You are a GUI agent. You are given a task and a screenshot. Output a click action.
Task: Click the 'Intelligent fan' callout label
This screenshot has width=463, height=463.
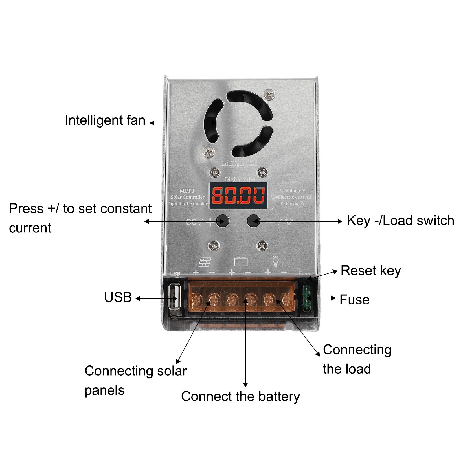(105, 120)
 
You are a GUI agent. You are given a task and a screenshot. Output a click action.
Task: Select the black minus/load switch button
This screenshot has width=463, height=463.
(253, 221)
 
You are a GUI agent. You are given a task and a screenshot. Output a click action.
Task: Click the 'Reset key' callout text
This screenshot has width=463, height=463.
(371, 271)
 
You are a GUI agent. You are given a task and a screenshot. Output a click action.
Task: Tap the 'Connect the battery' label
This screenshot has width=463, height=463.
(240, 396)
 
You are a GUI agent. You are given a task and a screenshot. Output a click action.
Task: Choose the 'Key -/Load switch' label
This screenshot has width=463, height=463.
(400, 221)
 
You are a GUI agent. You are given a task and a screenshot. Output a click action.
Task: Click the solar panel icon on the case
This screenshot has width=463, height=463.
(205, 262)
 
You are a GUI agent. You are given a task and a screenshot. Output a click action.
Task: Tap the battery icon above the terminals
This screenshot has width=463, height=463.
(241, 261)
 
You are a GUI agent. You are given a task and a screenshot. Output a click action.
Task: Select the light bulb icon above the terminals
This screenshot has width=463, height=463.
(275, 261)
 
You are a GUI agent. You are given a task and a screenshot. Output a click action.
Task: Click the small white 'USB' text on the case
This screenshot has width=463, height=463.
(175, 274)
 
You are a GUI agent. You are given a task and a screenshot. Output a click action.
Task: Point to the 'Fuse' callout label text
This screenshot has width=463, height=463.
(354, 300)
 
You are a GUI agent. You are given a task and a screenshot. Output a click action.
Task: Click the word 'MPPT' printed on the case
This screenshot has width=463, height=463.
(187, 191)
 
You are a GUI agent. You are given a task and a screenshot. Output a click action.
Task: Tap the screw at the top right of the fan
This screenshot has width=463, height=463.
(269, 94)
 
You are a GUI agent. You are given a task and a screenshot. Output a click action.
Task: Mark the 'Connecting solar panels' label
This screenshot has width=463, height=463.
(135, 380)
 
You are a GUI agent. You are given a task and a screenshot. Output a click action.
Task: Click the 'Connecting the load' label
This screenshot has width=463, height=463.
(357, 359)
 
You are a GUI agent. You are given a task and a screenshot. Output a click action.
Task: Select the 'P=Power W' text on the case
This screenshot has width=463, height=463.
(292, 203)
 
